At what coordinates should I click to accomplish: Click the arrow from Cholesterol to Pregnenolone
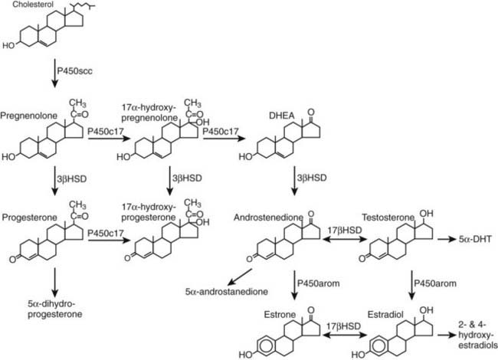[x=54, y=77]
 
